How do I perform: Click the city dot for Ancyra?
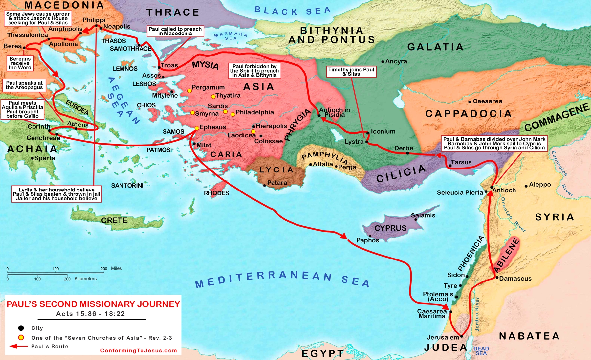pos(383,62)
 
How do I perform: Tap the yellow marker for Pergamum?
pos(189,91)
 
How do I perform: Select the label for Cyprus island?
pos(390,228)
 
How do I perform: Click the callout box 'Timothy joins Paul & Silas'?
pos(351,72)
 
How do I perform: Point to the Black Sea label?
pos(292,11)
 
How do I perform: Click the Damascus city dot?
pos(497,278)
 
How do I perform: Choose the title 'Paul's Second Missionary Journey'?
pos(93,304)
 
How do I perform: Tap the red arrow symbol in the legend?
pos(18,346)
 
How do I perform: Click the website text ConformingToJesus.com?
pos(138,351)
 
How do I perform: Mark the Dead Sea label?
pos(481,351)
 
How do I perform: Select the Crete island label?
pos(114,220)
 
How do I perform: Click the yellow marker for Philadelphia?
pos(233,114)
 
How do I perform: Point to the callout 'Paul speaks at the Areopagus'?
pos(24,85)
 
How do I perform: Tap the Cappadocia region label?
pos(468,114)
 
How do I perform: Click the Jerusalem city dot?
pos(461,336)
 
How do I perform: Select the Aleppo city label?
pos(540,185)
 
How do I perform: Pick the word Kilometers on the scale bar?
pos(85,279)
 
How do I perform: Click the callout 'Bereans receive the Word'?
pos(20,63)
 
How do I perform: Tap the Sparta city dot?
pos(32,158)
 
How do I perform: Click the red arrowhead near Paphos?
pos(343,236)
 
